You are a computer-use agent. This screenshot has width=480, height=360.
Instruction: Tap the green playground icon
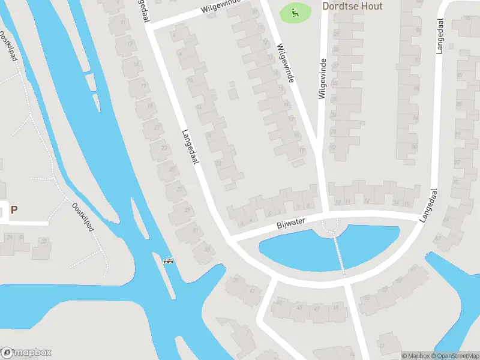(295, 12)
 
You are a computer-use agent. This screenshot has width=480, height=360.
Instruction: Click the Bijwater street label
(292, 223)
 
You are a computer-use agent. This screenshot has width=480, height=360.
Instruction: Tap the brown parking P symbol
(13, 210)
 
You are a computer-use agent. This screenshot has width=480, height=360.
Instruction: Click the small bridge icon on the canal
(169, 261)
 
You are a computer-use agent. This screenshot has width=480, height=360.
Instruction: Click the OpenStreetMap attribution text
(454, 356)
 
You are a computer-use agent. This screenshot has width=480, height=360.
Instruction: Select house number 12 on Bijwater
(367, 201)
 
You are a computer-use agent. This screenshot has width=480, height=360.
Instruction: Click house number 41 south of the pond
(252, 290)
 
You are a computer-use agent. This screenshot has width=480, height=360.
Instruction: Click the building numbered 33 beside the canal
(208, 250)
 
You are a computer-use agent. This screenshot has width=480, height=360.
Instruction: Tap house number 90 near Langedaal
(414, 147)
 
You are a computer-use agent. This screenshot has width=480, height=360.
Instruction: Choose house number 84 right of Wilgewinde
(415, 118)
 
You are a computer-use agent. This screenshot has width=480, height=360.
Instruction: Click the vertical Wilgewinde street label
(322, 79)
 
